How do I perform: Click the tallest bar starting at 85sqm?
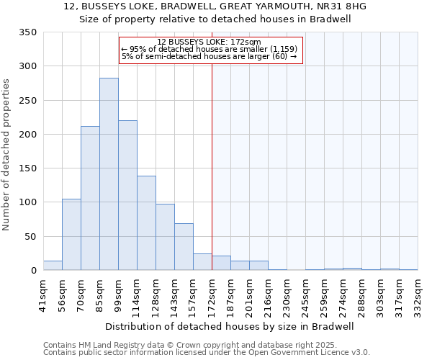(x=109, y=174)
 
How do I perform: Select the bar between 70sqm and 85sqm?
(x=90, y=198)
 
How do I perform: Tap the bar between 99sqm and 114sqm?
(x=127, y=195)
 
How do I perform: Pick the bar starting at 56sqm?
(x=71, y=235)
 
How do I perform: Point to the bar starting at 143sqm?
(x=184, y=247)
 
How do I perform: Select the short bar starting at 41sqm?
(x=53, y=266)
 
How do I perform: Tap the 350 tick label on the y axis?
(x=28, y=32)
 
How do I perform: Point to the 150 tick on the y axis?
(x=28, y=168)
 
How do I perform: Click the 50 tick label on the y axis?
(x=31, y=236)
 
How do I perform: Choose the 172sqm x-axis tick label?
(x=212, y=294)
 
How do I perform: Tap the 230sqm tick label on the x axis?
(x=287, y=294)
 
